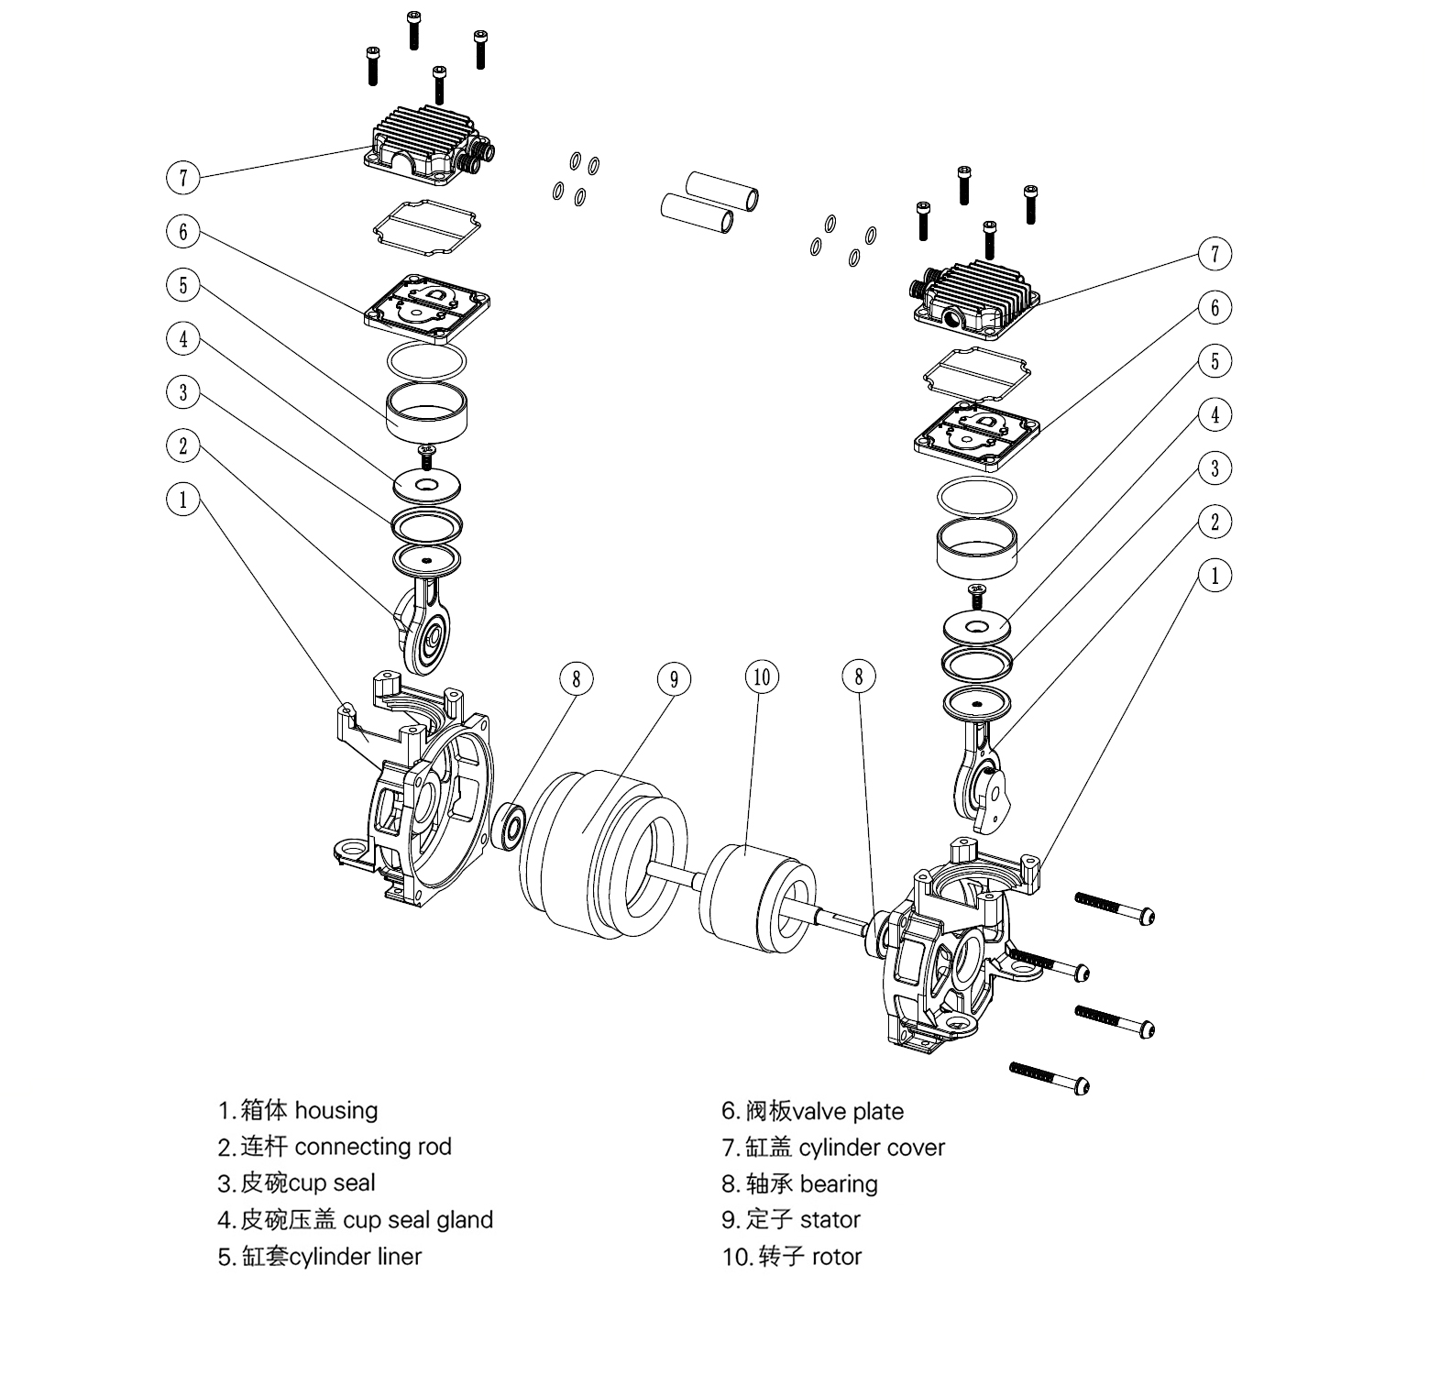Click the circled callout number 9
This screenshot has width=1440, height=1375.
[674, 679]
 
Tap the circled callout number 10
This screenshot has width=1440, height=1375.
[762, 677]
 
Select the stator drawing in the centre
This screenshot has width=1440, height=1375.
[603, 854]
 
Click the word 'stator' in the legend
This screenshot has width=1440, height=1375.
[830, 1220]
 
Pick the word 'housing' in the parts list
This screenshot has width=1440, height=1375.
[335, 1111]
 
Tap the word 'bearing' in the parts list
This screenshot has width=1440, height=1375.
[839, 1184]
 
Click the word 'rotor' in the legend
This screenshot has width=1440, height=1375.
[837, 1257]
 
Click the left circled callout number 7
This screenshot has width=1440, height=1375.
[183, 177]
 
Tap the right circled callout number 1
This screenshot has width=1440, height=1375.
[1215, 576]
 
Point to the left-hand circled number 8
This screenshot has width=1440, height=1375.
[577, 679]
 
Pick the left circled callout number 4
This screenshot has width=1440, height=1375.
[183, 339]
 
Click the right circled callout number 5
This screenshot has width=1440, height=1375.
[1215, 360]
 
